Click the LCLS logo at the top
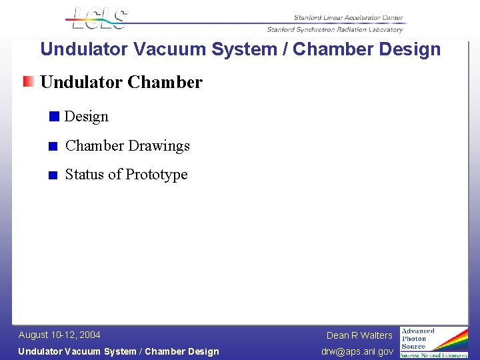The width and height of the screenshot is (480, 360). pos(99,18)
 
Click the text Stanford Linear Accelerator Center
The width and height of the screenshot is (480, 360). pos(348,18)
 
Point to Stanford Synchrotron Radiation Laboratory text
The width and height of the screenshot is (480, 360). pos(335,29)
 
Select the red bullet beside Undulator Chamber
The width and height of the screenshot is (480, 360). pos(28,82)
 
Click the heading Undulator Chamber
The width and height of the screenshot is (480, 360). pos(121,82)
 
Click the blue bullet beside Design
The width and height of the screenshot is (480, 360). pos(54,117)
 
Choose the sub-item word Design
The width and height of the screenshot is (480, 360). pos(87,117)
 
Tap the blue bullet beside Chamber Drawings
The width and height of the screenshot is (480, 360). pos(53,146)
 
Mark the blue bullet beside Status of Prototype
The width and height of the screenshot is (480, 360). pos(53,175)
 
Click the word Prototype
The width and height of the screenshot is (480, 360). pos(157,175)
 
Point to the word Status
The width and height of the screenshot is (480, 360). pos(85,175)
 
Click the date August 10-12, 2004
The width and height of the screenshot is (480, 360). pos(59,335)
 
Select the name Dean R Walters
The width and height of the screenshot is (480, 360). pos(359,335)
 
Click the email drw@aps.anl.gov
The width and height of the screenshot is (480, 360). pos(357,351)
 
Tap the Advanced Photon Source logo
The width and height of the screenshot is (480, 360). pos(433,342)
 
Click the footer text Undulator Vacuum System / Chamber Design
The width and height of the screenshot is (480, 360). pos(118,351)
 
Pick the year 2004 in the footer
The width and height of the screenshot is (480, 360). pos(90,335)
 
